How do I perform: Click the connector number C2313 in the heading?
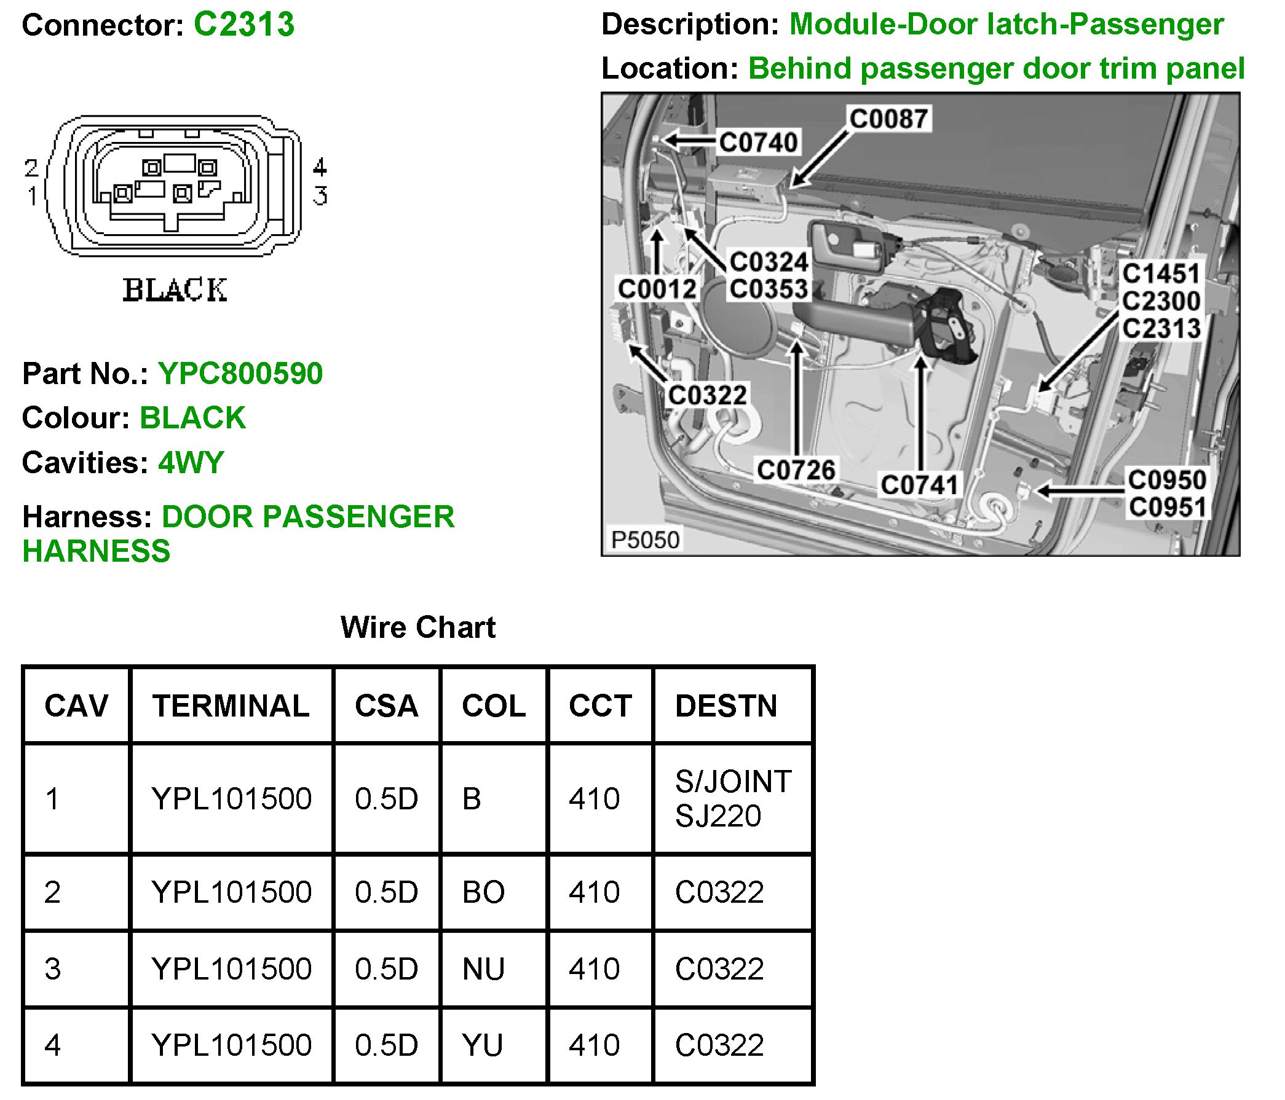tap(243, 25)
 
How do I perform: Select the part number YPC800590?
tap(240, 374)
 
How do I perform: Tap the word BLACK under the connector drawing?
tap(175, 290)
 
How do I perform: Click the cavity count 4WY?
tap(191, 462)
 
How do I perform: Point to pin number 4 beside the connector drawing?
tap(319, 167)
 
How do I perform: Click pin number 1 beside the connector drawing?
tap(32, 197)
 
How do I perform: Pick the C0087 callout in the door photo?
tap(888, 119)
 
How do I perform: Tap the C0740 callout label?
tap(758, 143)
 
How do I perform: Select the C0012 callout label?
tap(657, 289)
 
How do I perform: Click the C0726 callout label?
tap(796, 470)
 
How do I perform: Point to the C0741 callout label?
tap(920, 485)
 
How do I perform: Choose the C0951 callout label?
tap(1167, 508)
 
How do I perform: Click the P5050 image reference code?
tap(645, 540)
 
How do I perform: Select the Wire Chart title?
tap(417, 627)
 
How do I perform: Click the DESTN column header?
tap(726, 706)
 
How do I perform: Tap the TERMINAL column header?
tap(231, 706)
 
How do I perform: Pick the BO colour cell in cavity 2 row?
tap(483, 892)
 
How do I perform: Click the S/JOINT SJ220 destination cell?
tap(732, 799)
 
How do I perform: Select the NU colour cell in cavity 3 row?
tap(483, 969)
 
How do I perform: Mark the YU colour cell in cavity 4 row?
tap(482, 1045)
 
